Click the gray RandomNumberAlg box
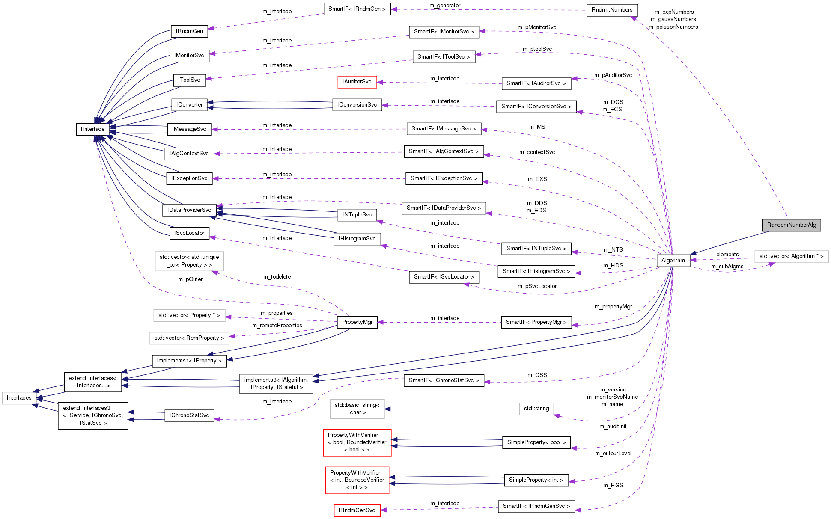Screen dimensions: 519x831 pyautogui.click(x=791, y=225)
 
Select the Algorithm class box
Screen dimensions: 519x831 pyautogui.click(x=673, y=261)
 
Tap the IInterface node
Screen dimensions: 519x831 pyautogui.click(x=92, y=129)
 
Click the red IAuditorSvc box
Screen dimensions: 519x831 pyautogui.click(x=357, y=82)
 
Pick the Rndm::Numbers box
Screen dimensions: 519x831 pyautogui.click(x=612, y=10)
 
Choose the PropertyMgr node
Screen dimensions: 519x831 pyautogui.click(x=357, y=322)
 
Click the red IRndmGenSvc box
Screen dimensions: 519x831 pyautogui.click(x=357, y=510)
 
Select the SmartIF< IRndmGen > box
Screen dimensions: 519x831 pyautogui.click(x=357, y=9)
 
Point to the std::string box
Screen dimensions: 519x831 pyautogui.click(x=536, y=409)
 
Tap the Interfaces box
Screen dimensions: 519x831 pyautogui.click(x=19, y=398)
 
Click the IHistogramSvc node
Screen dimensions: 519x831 pyautogui.click(x=357, y=239)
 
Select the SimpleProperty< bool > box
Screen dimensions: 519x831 pyautogui.click(x=536, y=442)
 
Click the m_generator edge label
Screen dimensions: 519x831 pyautogui.click(x=445, y=6)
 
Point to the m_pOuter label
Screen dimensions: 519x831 pyautogui.click(x=190, y=279)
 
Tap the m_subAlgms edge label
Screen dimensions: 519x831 pyautogui.click(x=727, y=267)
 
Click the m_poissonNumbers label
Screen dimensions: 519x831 pyautogui.click(x=673, y=27)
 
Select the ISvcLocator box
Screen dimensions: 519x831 pyautogui.click(x=189, y=233)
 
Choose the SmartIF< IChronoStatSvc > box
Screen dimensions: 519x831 pyautogui.click(x=444, y=380)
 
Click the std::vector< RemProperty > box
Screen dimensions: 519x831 pyautogui.click(x=189, y=338)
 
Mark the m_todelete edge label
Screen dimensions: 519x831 pyautogui.click(x=277, y=277)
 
